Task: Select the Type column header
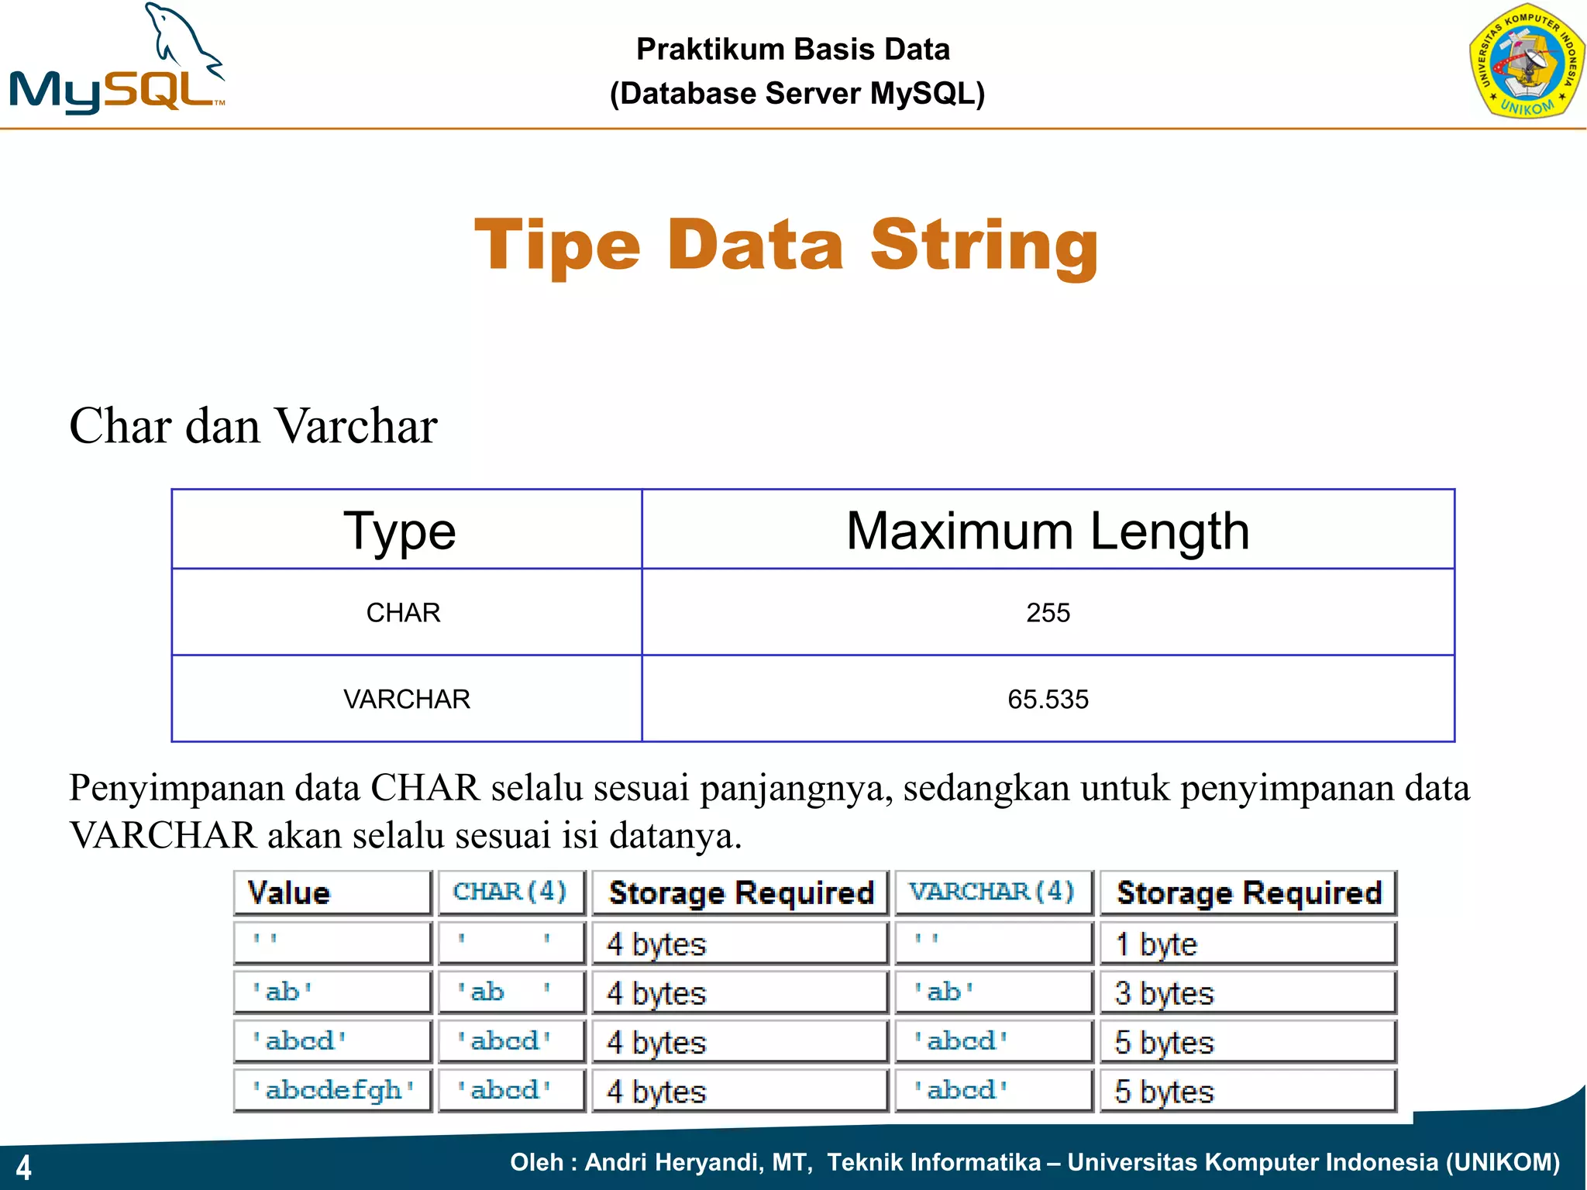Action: click(400, 531)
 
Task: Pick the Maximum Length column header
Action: click(1048, 531)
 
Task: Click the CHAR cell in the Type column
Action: click(403, 613)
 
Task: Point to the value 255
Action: click(1048, 613)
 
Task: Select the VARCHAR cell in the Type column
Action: click(407, 700)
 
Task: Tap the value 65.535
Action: click(1048, 700)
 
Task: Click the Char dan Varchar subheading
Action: click(253, 426)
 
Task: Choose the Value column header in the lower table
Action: click(289, 892)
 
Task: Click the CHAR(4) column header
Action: click(511, 892)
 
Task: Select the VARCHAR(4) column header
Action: click(993, 892)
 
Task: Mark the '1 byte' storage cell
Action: click(1156, 944)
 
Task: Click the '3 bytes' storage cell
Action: click(1164, 993)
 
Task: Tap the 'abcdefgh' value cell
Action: click(332, 1091)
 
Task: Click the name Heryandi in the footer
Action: click(708, 1162)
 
